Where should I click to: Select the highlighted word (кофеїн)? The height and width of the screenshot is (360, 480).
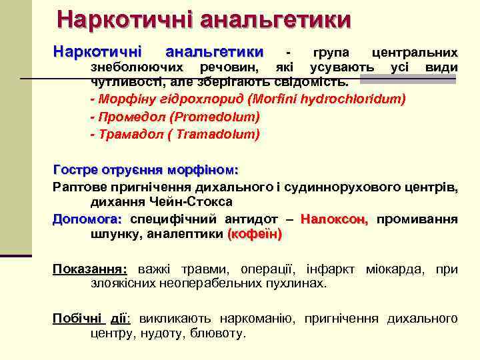tap(255, 234)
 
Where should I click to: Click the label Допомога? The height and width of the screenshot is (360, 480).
tap(87, 219)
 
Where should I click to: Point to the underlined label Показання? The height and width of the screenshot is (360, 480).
tap(90, 269)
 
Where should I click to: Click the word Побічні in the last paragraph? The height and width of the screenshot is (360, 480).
tap(75, 318)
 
